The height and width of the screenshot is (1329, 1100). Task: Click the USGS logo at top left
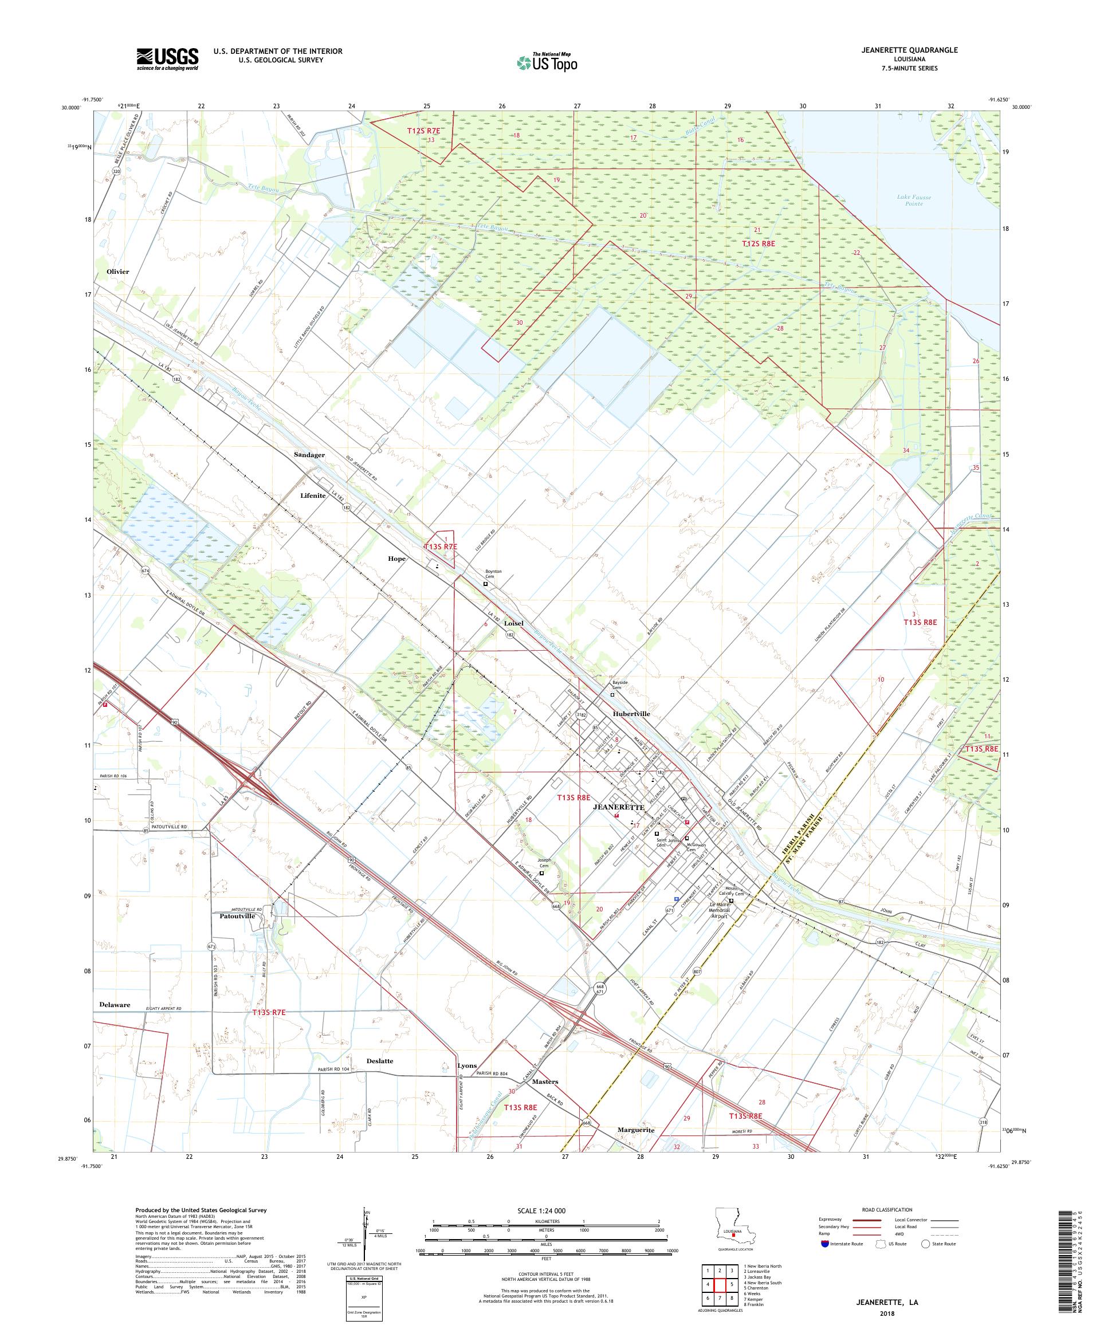(167, 60)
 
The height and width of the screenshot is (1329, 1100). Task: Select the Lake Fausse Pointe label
(913, 200)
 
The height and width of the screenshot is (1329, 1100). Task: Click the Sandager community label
(309, 455)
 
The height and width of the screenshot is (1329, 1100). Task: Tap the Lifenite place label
(313, 496)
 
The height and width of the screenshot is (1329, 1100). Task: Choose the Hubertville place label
(631, 713)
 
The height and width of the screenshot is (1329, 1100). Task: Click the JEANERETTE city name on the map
(618, 808)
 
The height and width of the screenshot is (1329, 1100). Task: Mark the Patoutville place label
(237, 916)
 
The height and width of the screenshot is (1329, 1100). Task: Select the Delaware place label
(115, 1004)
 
